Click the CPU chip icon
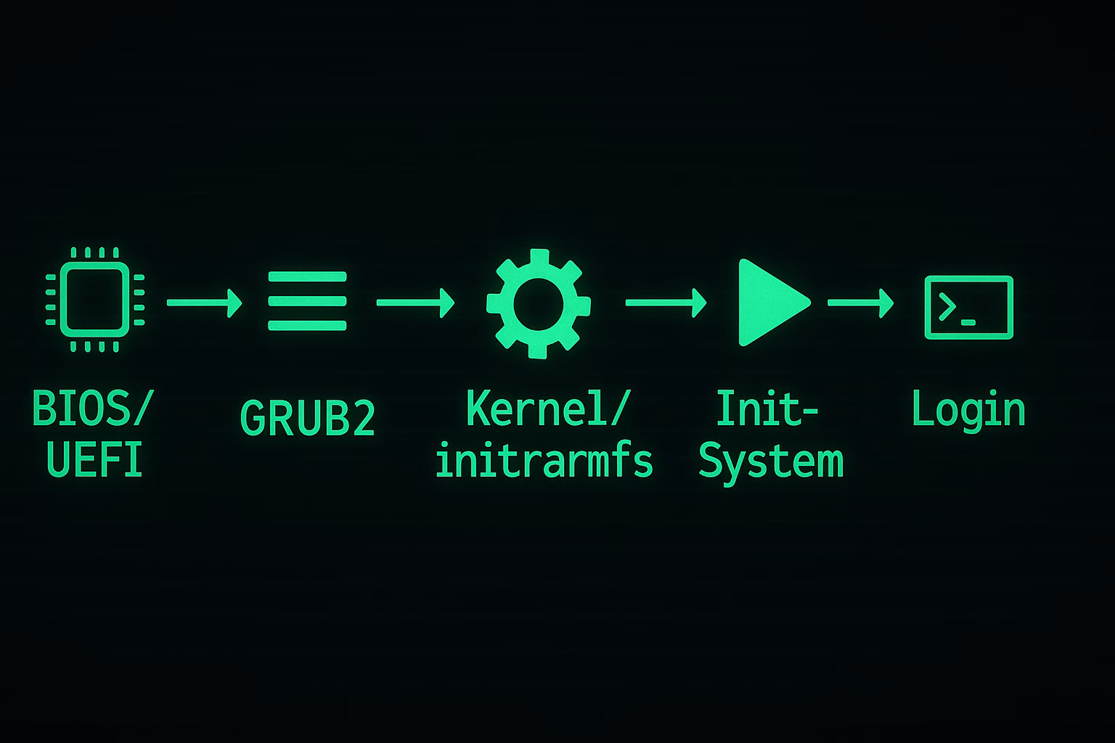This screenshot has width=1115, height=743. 94,300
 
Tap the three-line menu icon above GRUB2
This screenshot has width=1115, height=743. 307,301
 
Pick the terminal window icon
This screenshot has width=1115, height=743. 968,307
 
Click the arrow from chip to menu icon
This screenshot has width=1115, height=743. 204,302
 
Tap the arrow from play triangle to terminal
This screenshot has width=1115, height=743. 860,302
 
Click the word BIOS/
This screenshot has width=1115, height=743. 93,410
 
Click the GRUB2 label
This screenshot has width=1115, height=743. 307,419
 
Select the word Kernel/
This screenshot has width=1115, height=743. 545,409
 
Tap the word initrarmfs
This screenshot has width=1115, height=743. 544,461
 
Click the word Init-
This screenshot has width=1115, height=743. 767,409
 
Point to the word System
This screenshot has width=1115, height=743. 771,461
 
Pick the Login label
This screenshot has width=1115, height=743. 968,410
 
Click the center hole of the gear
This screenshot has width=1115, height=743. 538,303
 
